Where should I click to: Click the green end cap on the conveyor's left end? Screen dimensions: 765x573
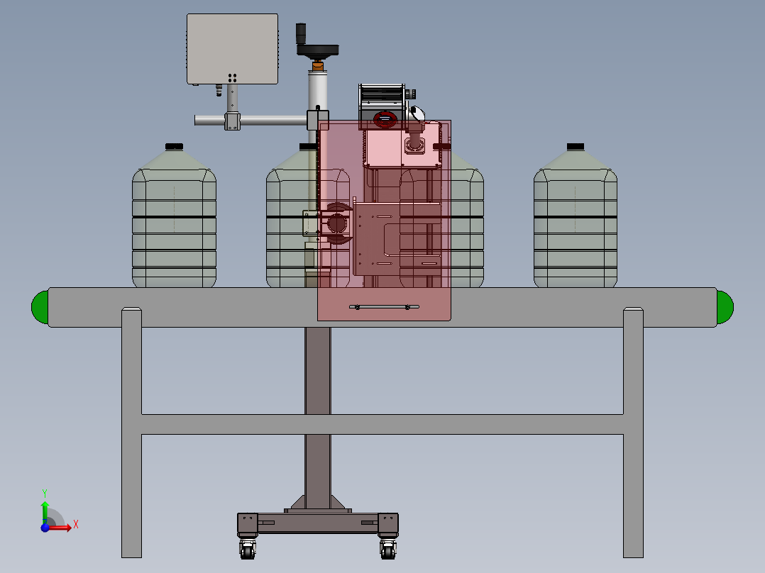click(x=40, y=307)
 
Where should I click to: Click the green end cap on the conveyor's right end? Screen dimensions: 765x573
click(x=725, y=307)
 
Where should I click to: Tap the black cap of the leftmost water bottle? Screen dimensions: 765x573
click(x=174, y=146)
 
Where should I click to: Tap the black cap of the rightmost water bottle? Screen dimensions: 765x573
click(x=576, y=146)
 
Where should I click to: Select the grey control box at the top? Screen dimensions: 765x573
click(x=232, y=49)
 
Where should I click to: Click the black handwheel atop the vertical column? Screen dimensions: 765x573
click(x=318, y=50)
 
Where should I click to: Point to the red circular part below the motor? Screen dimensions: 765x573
click(x=385, y=118)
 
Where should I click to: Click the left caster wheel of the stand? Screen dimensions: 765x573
click(x=248, y=550)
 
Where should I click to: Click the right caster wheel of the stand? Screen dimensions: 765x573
click(x=388, y=550)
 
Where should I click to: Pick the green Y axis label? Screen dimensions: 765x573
click(x=45, y=494)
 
